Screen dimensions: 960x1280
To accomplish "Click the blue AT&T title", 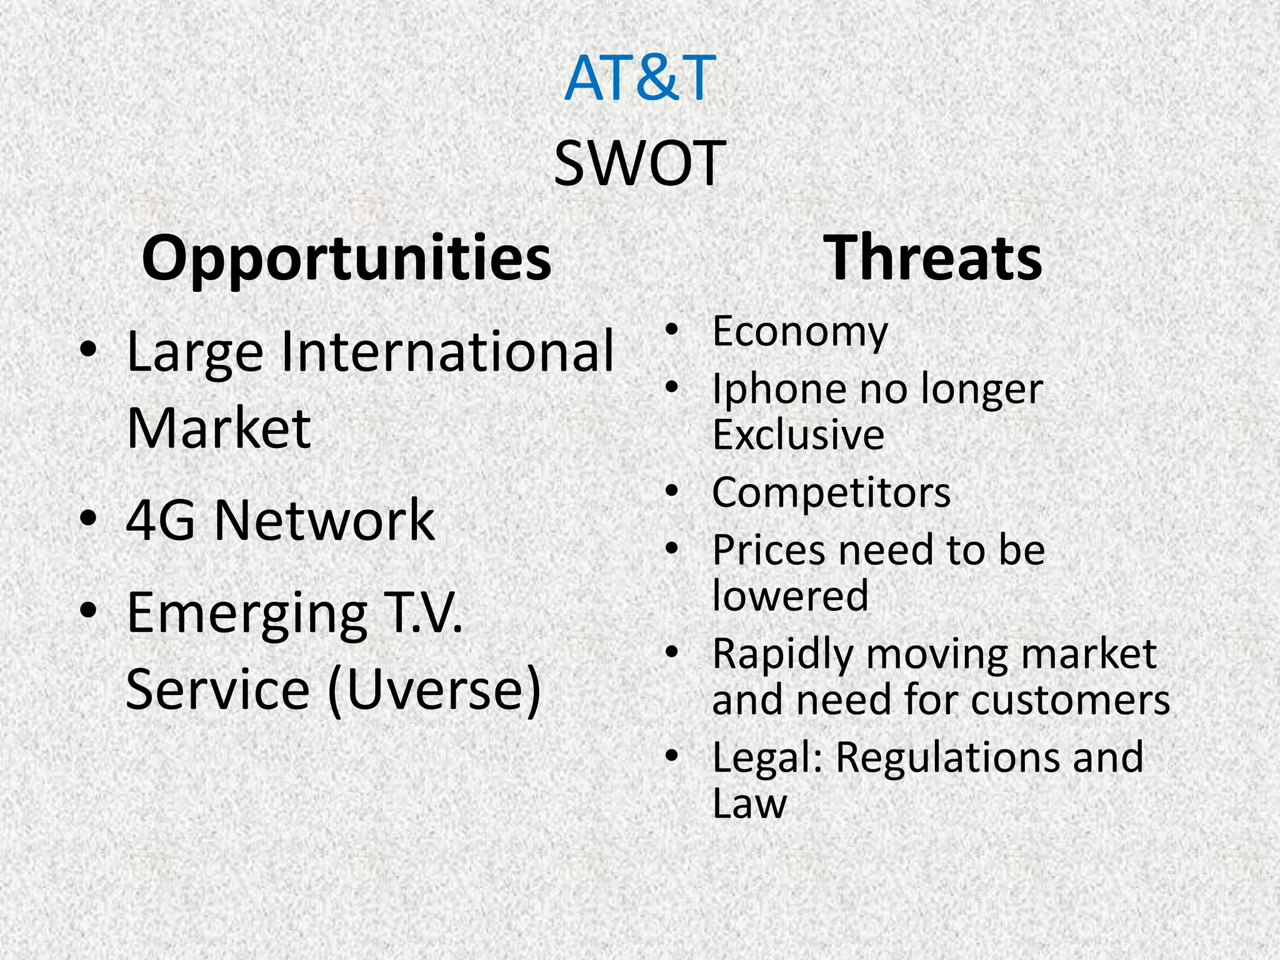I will pos(639,78).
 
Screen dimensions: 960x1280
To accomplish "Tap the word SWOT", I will pos(639,164).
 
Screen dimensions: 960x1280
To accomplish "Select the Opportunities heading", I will pos(347,258).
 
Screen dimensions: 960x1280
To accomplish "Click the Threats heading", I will pos(932,258).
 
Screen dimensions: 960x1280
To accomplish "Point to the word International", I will pos(447,351).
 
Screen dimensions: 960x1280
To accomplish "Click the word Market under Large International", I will pos(218,429).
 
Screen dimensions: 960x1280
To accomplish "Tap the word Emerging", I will pos(247,614).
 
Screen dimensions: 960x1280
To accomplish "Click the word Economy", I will pos(799,332).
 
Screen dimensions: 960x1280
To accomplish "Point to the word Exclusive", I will pos(798,435).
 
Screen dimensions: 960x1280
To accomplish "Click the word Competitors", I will pos(831,493).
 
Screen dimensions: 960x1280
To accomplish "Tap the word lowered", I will pos(790,596).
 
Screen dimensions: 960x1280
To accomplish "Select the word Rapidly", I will pos(782,655).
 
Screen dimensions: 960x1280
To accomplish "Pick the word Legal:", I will pos(767,757).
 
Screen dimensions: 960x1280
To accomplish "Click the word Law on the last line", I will pos(749,804).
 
